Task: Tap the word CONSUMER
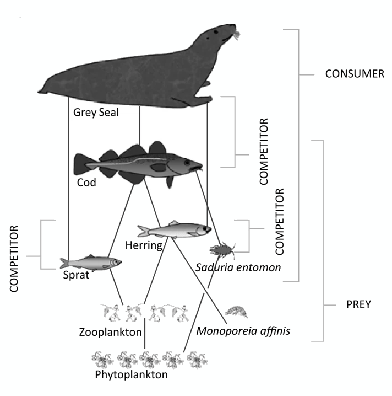(355, 73)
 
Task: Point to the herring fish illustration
(175, 229)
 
